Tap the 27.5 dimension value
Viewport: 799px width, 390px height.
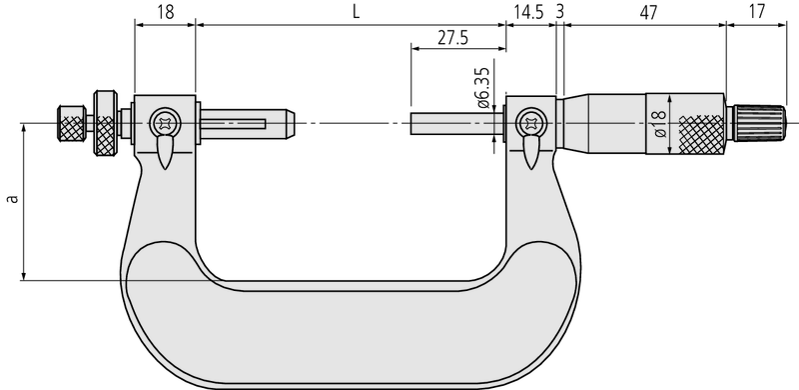click(x=454, y=38)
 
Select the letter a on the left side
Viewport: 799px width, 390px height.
click(x=12, y=199)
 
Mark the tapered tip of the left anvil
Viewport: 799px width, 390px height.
click(x=290, y=124)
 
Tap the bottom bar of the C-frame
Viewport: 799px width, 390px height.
click(x=350, y=330)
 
